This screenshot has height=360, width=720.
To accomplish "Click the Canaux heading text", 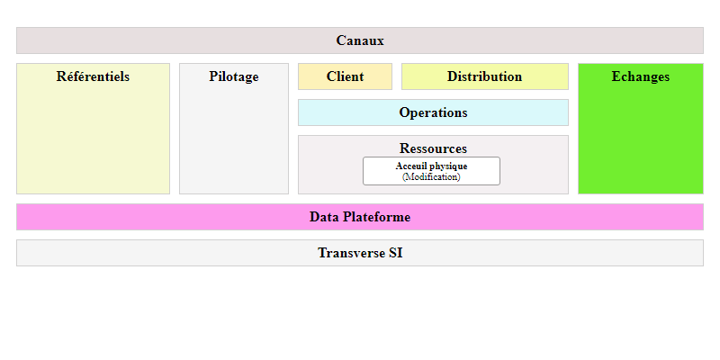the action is click(x=359, y=40).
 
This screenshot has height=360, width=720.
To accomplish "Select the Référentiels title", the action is click(x=93, y=76).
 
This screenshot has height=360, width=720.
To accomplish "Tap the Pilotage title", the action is click(x=234, y=76).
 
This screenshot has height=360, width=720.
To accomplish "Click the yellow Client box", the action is click(x=345, y=76).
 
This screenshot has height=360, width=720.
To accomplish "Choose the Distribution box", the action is click(x=485, y=76).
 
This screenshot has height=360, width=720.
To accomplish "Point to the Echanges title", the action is click(x=641, y=76).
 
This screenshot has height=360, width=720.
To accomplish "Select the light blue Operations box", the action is click(x=433, y=112).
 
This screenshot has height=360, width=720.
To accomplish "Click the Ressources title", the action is click(x=433, y=148).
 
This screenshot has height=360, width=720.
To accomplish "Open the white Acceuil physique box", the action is click(x=431, y=171).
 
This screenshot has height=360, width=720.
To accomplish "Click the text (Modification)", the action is click(x=431, y=176).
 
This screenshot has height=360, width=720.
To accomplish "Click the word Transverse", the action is click(x=351, y=253).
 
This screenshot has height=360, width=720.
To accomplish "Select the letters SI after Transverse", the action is click(x=395, y=253).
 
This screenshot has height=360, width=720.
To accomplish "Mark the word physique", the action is click(x=448, y=166).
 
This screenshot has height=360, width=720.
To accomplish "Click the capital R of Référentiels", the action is click(x=61, y=76).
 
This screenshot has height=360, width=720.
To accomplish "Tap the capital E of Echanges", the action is click(x=616, y=76).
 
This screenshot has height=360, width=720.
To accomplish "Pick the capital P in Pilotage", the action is click(x=213, y=76).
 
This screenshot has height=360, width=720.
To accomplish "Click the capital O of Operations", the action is click(x=403, y=112).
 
